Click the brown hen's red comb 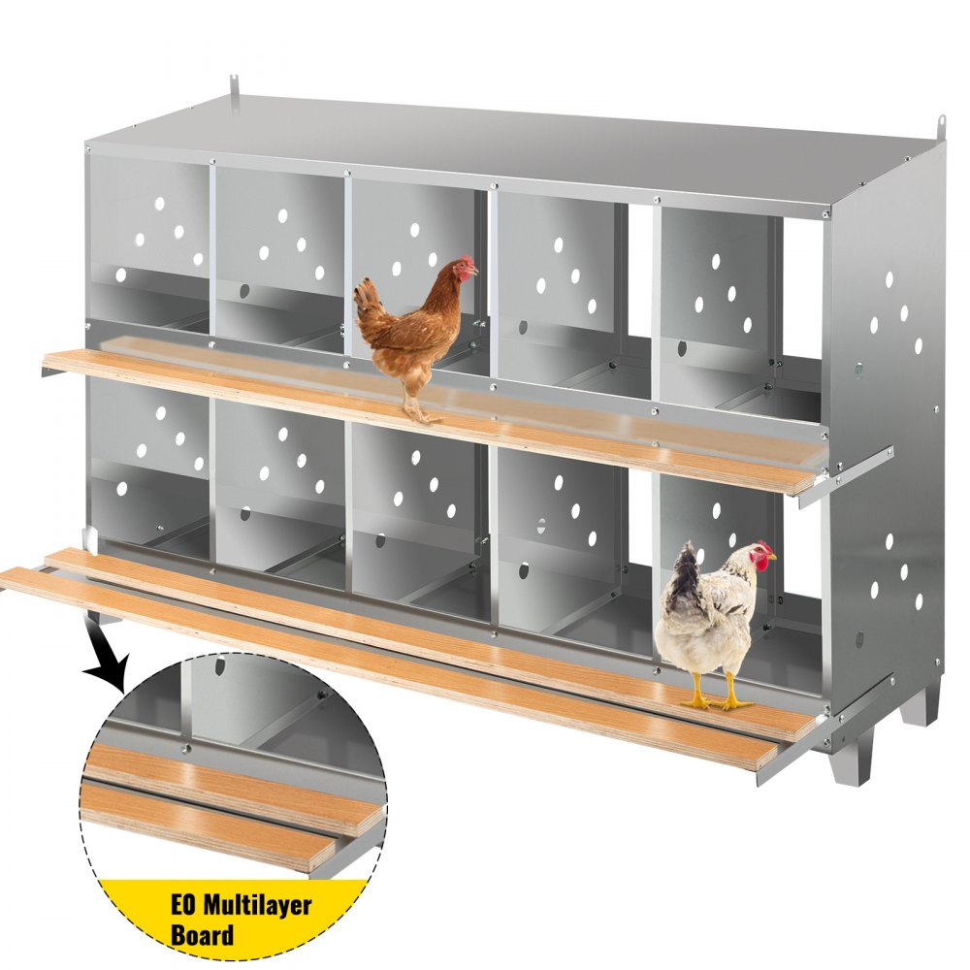click(x=467, y=262)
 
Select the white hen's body click(x=703, y=622)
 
